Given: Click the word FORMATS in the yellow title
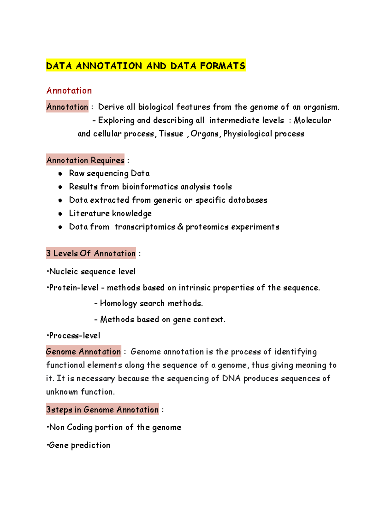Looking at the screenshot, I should tap(222, 66).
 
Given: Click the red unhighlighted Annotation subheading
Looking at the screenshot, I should tap(69, 90).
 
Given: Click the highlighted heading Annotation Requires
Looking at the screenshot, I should tap(85, 160).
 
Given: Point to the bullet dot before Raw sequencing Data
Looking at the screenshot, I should tap(60, 174).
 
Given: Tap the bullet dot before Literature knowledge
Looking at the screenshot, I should tap(60, 214).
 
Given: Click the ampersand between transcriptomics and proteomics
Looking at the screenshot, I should tap(180, 227).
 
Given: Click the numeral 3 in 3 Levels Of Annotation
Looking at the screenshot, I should tap(49, 253).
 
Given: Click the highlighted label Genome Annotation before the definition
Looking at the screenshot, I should tap(84, 352).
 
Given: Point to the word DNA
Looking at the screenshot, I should tap(231, 378).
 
